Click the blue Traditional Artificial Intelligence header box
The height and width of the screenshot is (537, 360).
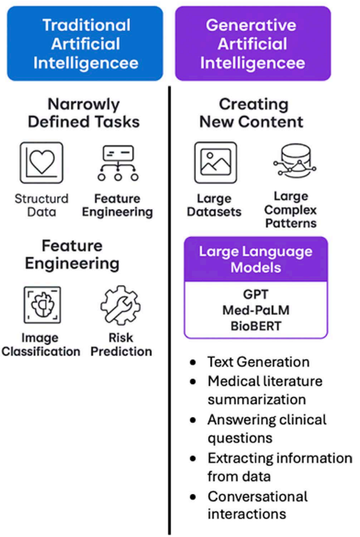tap(85, 44)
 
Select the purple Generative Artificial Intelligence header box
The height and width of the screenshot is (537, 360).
tap(253, 44)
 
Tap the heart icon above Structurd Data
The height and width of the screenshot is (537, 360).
tap(41, 162)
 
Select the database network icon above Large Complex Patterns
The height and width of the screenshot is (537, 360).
tap(290, 162)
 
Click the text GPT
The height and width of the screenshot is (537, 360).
tap(256, 294)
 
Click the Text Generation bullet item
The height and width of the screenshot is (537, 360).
tap(258, 362)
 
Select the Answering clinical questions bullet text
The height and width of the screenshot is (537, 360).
tap(266, 429)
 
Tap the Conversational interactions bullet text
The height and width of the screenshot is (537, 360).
tap(257, 505)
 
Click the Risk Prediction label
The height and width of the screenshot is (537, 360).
tap(121, 344)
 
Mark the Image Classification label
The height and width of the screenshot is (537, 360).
tap(41, 344)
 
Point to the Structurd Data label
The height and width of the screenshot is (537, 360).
tap(41, 205)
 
